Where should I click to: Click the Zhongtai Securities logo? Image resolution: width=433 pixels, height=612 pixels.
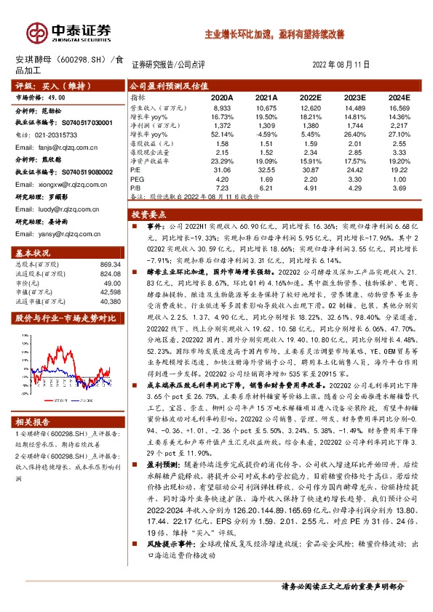69,31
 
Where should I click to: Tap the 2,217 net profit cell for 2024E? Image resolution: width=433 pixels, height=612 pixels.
399,126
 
